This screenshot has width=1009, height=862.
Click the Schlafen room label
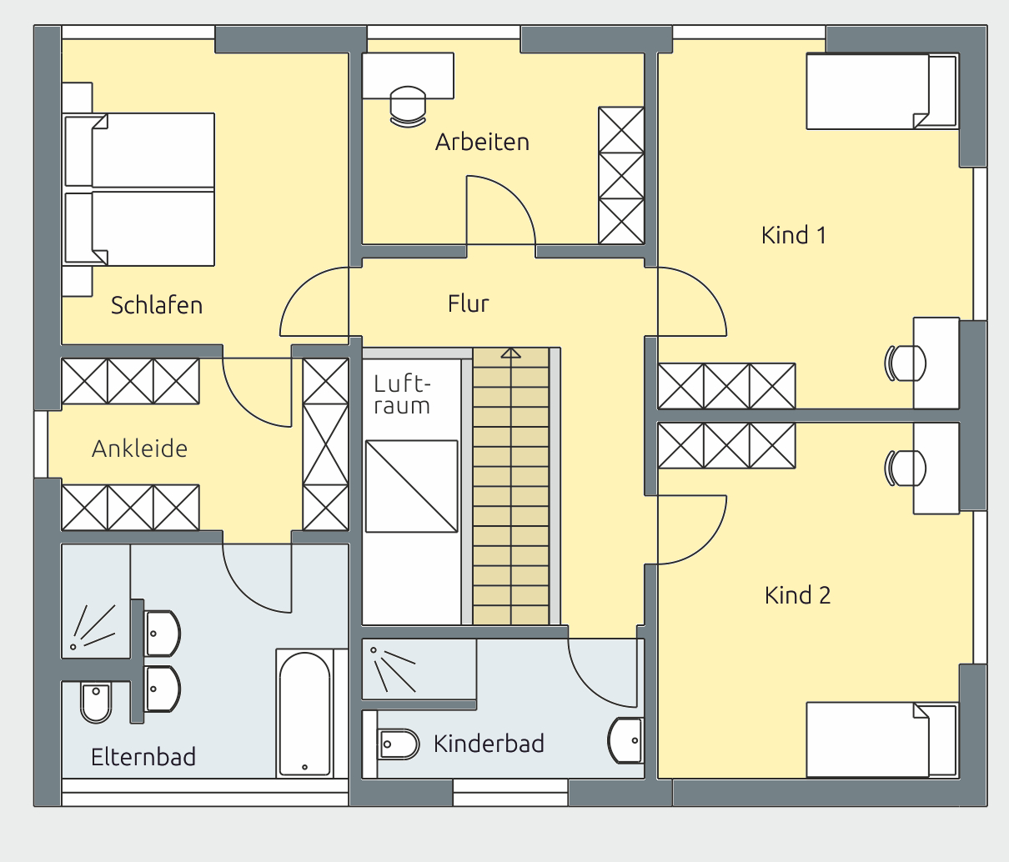click(157, 306)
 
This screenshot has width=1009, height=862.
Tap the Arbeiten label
click(482, 142)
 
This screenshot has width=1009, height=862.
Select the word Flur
click(468, 303)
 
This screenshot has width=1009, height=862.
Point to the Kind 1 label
click(794, 235)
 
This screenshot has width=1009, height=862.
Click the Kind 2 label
click(798, 595)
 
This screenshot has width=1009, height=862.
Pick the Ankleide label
click(139, 449)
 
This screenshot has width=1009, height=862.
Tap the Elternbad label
click(143, 757)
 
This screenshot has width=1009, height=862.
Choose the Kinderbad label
click(489, 744)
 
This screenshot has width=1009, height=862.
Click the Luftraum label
click(402, 395)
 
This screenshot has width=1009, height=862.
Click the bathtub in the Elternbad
click(304, 714)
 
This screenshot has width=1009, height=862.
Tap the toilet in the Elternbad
click(96, 702)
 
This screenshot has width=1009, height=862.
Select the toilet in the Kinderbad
click(398, 744)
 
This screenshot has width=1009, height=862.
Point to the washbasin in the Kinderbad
click(625, 740)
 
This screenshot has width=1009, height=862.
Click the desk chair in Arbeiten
click(408, 107)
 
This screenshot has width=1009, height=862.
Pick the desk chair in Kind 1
click(905, 363)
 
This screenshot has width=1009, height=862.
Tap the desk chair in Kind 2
click(905, 469)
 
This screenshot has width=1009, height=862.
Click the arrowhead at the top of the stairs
click(510, 353)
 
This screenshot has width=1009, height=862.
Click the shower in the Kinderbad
click(419, 669)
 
